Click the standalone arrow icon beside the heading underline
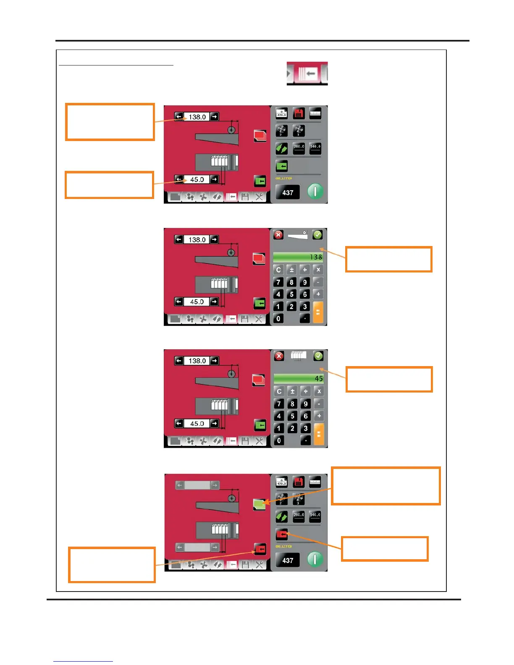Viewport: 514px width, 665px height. [x=307, y=73]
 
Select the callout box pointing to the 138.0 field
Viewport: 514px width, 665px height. [x=110, y=122]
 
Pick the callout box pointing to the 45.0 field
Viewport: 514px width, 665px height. [x=109, y=185]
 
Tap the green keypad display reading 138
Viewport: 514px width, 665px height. [x=298, y=257]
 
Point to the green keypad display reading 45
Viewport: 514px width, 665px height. [x=299, y=378]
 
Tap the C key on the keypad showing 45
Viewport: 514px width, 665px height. [x=279, y=391]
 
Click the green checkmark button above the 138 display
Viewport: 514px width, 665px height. [x=317, y=235]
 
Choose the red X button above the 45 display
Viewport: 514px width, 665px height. [x=279, y=356]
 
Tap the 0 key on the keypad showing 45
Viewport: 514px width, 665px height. [x=279, y=440]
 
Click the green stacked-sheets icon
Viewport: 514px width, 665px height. [x=260, y=504]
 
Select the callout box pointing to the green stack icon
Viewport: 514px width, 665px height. [x=385, y=486]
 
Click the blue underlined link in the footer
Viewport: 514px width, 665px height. [x=83, y=661]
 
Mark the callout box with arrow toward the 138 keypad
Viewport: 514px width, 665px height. [x=388, y=259]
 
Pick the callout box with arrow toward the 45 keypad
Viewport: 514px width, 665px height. [x=389, y=380]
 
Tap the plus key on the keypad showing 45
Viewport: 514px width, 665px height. [x=319, y=416]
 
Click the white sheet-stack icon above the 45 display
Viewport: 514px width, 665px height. [x=299, y=356]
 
